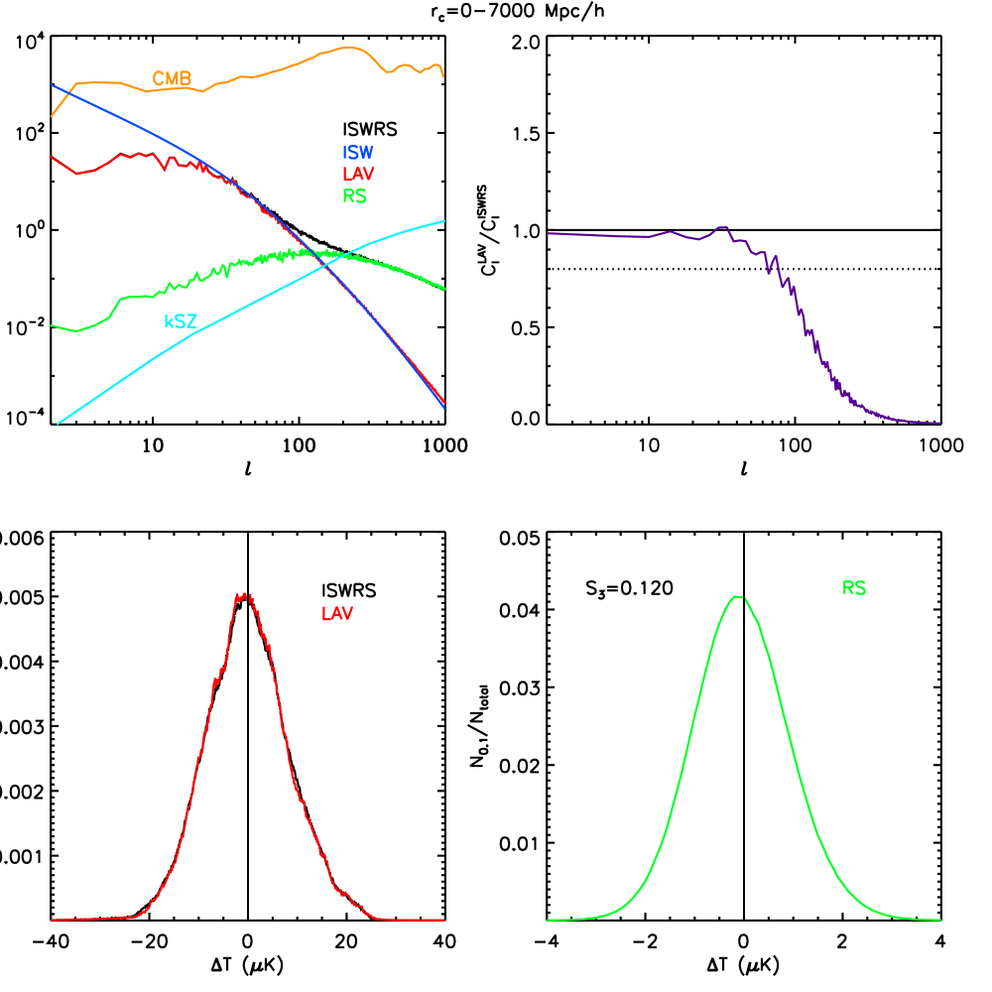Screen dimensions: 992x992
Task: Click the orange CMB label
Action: tap(172, 78)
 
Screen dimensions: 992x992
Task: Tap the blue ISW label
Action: tap(357, 153)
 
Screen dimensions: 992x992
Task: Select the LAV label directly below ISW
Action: tap(357, 175)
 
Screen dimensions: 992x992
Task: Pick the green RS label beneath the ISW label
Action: tap(354, 196)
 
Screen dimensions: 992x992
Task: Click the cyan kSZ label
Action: tap(180, 321)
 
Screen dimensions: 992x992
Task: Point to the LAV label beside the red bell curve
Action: tap(336, 614)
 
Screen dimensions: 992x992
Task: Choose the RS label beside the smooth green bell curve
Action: tap(853, 588)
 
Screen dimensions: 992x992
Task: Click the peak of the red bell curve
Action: tap(243, 595)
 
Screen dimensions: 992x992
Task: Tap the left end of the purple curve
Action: tap(548, 233)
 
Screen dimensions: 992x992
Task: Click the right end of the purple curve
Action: tap(939, 423)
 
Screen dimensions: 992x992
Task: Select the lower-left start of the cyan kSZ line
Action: tap(59, 424)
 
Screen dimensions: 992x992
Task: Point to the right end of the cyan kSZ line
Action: tap(443, 221)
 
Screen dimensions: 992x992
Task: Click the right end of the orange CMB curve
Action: tap(442, 75)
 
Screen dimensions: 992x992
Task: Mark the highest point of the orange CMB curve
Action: tap(348, 47)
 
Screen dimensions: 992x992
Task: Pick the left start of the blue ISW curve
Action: tap(52, 85)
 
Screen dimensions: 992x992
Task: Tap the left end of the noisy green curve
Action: tap(52, 325)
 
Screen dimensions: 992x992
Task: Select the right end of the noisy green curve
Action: tap(444, 289)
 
